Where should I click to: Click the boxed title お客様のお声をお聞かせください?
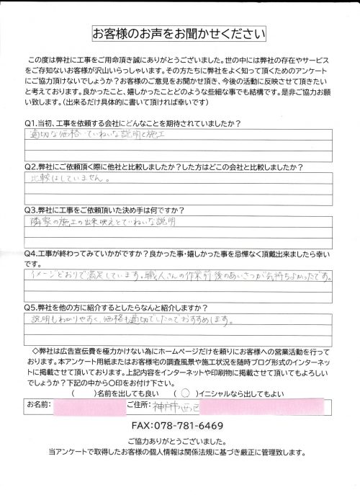pyautogui.click(x=180, y=34)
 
